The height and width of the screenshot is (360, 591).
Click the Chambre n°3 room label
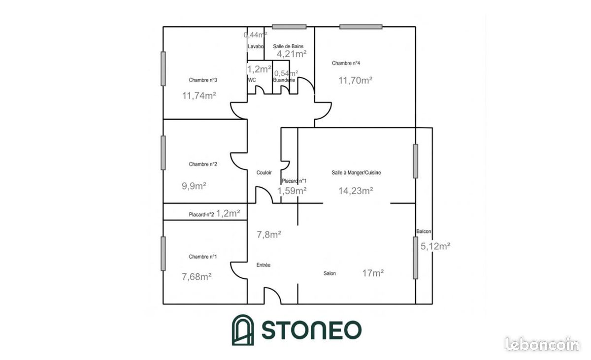[203, 80]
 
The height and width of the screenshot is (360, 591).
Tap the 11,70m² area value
[356, 80]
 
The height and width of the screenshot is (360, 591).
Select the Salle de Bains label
[288, 46]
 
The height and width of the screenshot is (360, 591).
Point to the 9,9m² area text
[194, 186]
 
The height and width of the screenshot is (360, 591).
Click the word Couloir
[264, 172]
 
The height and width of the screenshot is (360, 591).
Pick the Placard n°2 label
[201, 215]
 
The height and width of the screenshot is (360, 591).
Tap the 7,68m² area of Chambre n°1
[197, 277]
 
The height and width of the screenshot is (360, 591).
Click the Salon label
[330, 273]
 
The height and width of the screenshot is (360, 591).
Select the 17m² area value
[373, 273]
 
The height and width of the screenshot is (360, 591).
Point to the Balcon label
[424, 231]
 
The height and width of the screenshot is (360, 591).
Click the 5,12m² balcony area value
[435, 246]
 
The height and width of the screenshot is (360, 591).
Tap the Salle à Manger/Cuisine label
[356, 172]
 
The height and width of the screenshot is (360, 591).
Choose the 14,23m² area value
[356, 191]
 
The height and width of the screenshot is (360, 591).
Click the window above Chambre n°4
[361, 27]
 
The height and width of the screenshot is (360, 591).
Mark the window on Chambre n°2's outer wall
[164, 153]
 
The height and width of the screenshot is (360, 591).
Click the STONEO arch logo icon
[243, 329]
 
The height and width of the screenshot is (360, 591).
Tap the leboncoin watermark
[542, 344]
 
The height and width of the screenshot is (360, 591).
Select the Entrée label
[263, 265]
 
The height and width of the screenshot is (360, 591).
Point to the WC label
[252, 80]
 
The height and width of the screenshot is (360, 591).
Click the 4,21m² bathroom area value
[292, 54]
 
